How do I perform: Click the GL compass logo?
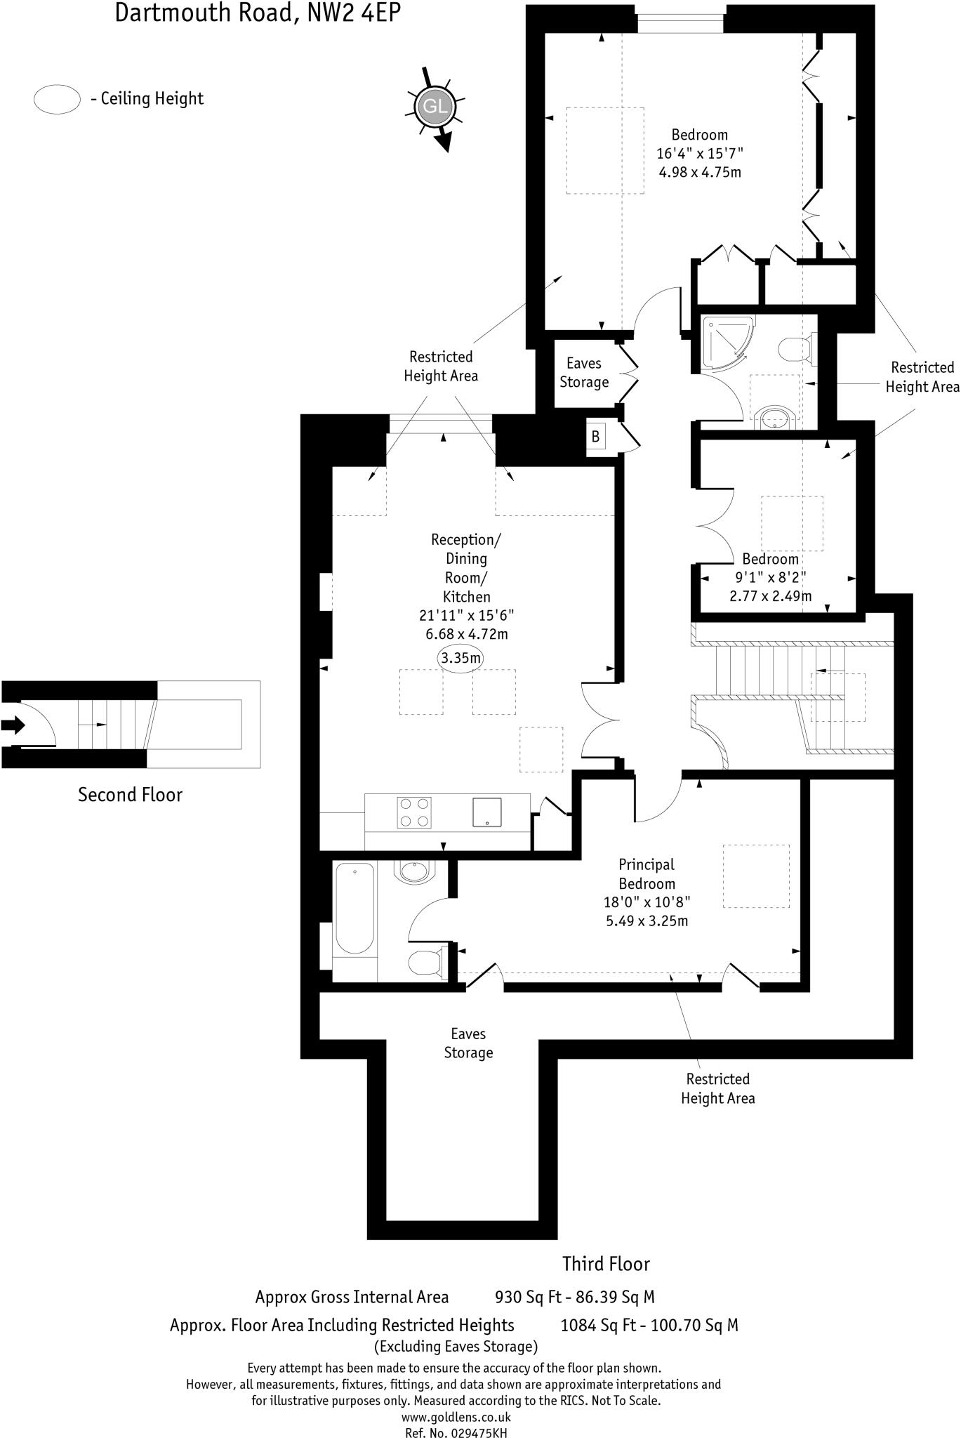433,106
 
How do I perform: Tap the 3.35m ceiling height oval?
461,659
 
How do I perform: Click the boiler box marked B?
595,437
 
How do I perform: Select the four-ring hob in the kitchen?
414,813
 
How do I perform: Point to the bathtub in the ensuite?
354,910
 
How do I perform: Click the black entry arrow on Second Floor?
13,725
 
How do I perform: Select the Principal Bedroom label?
647,874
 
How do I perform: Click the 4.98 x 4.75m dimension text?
700,172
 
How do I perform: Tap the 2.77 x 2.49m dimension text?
770,597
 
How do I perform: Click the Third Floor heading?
606,1265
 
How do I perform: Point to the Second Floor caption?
130,795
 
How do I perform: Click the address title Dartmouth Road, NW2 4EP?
258,13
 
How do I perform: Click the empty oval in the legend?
57,99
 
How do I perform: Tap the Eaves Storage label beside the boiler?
584,373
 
